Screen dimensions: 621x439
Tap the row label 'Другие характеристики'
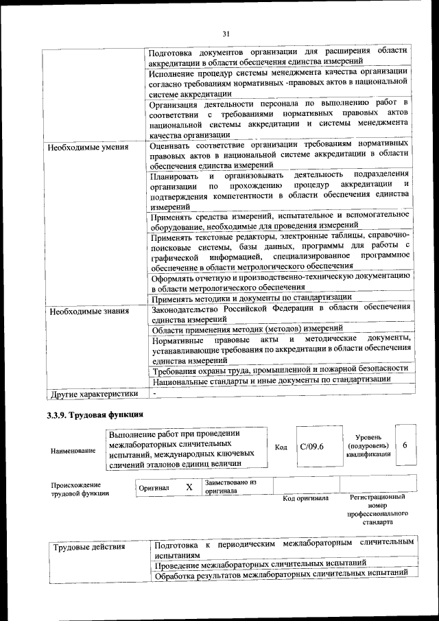point(93,394)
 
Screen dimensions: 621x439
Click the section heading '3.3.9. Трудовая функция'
point(95,415)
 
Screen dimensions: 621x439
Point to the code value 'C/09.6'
point(311,447)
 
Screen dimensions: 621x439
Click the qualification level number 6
point(405,445)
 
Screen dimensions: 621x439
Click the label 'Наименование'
point(73,451)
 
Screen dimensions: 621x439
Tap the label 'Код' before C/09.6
point(281,447)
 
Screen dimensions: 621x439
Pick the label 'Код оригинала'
point(305,498)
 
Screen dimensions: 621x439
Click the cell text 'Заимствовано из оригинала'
point(230,487)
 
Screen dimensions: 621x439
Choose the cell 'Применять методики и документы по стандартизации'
point(252,298)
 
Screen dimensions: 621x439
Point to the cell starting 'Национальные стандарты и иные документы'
point(267,379)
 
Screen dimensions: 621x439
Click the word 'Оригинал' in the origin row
point(154,487)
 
